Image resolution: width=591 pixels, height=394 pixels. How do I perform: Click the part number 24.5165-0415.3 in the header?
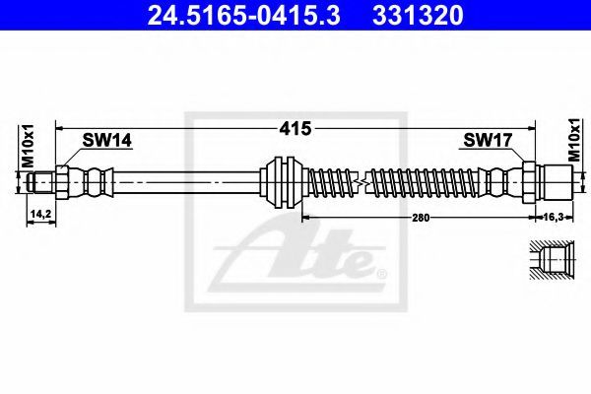coord(244,16)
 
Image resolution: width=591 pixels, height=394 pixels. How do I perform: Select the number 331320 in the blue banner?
coord(418,16)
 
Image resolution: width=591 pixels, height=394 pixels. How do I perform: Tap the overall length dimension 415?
coord(295,129)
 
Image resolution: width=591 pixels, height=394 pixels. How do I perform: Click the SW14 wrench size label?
coord(107,141)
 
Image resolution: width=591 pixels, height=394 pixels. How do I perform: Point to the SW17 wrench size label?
coord(488,141)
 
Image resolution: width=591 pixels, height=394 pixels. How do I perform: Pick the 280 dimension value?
coord(421,218)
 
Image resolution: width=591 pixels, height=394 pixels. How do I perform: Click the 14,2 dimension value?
coord(40,214)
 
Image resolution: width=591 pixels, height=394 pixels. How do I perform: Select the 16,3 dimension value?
coord(554,217)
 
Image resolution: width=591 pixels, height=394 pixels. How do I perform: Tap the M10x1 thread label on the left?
coord(28,146)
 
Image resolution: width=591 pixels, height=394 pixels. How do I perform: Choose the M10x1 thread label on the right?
coord(574,140)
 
